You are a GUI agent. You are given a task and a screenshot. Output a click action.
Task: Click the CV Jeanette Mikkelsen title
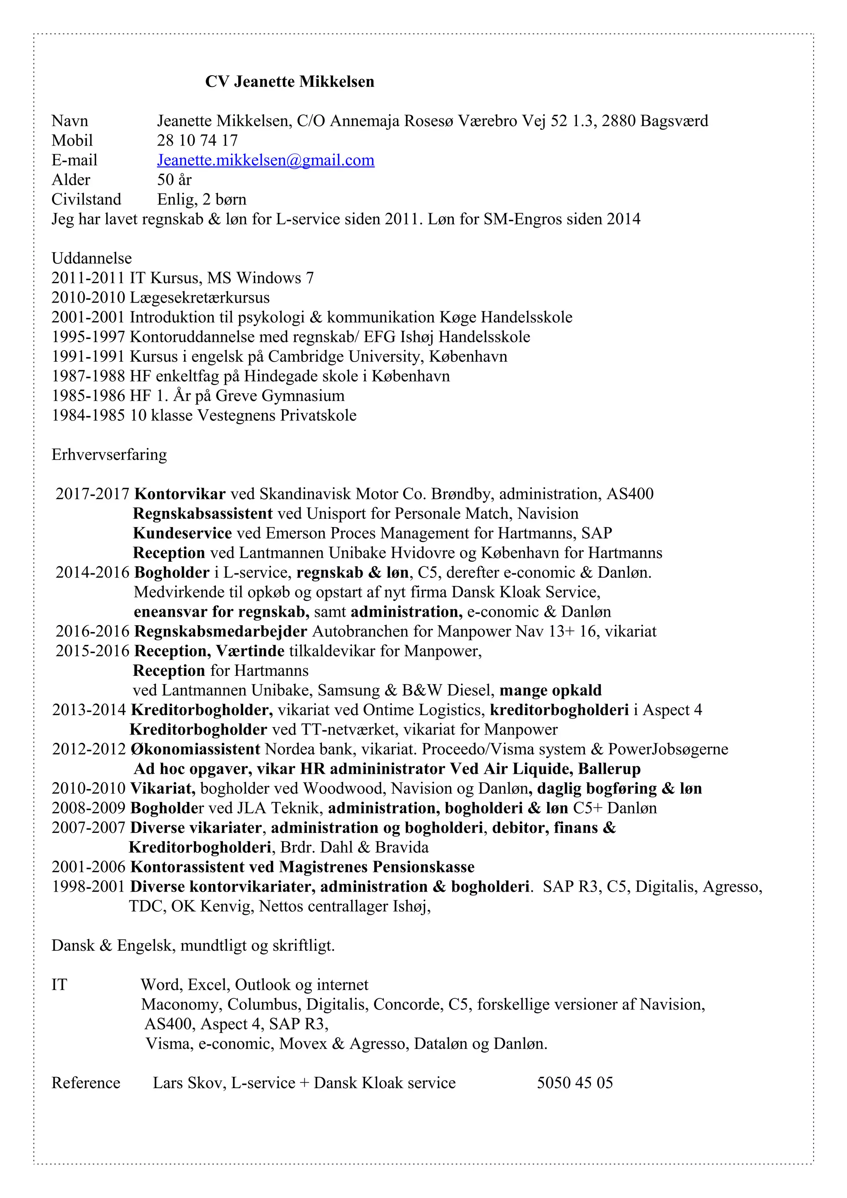tap(290, 81)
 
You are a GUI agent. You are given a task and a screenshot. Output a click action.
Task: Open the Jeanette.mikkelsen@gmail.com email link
tap(266, 160)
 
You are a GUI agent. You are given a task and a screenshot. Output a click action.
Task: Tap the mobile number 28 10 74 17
tap(197, 141)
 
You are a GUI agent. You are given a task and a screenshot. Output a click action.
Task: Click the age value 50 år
tap(174, 179)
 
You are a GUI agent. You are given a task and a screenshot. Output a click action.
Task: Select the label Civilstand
tap(86, 199)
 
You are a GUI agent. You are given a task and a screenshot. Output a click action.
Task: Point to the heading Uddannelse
tap(91, 258)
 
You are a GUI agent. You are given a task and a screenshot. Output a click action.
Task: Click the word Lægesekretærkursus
tap(200, 297)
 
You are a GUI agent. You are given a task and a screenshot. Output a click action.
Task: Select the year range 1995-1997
tap(88, 336)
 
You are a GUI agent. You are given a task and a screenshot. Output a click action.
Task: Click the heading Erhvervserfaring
tap(109, 454)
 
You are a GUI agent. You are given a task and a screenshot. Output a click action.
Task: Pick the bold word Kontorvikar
tap(180, 494)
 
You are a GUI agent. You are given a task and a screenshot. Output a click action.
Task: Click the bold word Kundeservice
tap(182, 533)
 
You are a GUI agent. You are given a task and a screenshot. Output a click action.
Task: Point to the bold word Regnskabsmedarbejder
tap(221, 631)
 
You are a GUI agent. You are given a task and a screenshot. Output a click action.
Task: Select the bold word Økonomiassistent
tap(196, 749)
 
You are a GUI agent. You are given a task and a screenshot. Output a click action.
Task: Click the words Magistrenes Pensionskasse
tap(377, 867)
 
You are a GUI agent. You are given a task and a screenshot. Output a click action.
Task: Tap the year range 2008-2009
tap(88, 808)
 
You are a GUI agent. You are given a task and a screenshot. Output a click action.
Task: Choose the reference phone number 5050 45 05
tap(574, 1083)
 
